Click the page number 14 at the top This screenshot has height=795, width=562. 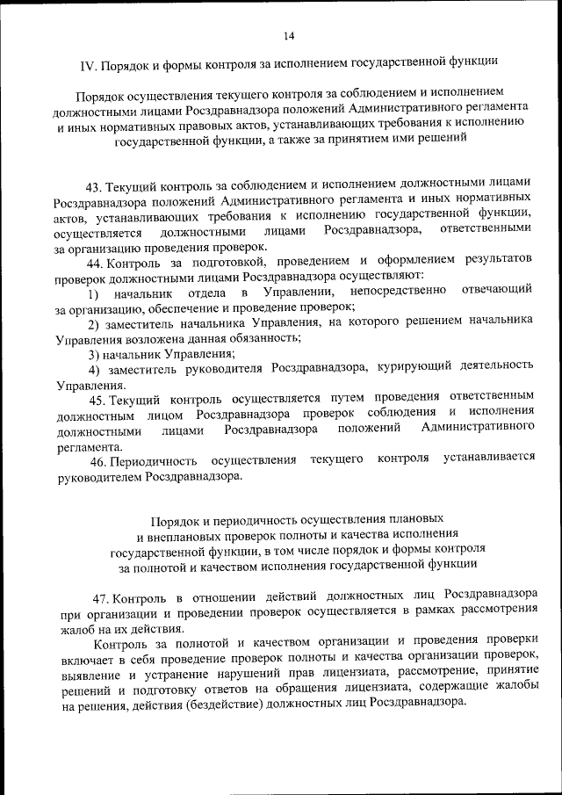289,35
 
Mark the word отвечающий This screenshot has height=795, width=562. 496,291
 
